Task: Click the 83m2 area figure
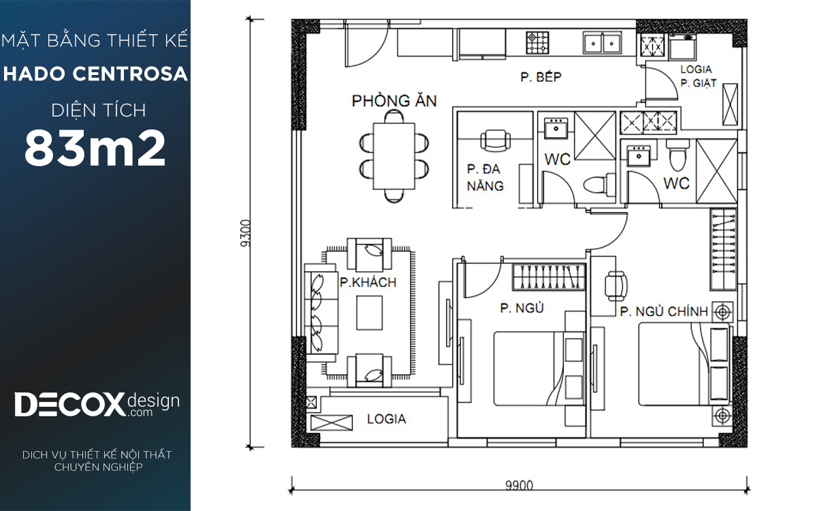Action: (95, 148)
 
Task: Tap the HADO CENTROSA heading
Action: (95, 74)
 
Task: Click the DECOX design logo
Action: (97, 405)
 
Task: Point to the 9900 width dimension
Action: (519, 485)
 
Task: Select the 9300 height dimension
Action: (246, 233)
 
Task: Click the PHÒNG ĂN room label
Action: (394, 101)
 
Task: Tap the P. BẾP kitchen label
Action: (541, 76)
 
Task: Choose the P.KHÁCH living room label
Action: (368, 282)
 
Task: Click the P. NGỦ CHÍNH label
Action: (664, 311)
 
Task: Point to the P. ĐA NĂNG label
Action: (485, 177)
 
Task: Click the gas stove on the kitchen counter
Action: (538, 43)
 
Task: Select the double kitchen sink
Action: (602, 43)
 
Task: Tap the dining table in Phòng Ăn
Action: (394, 156)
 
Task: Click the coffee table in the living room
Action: (370, 313)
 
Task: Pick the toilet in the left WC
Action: (599, 185)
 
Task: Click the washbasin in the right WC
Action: (639, 155)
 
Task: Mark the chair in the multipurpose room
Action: (496, 141)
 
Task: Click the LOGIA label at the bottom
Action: (386, 419)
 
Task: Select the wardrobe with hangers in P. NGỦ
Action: (549, 277)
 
